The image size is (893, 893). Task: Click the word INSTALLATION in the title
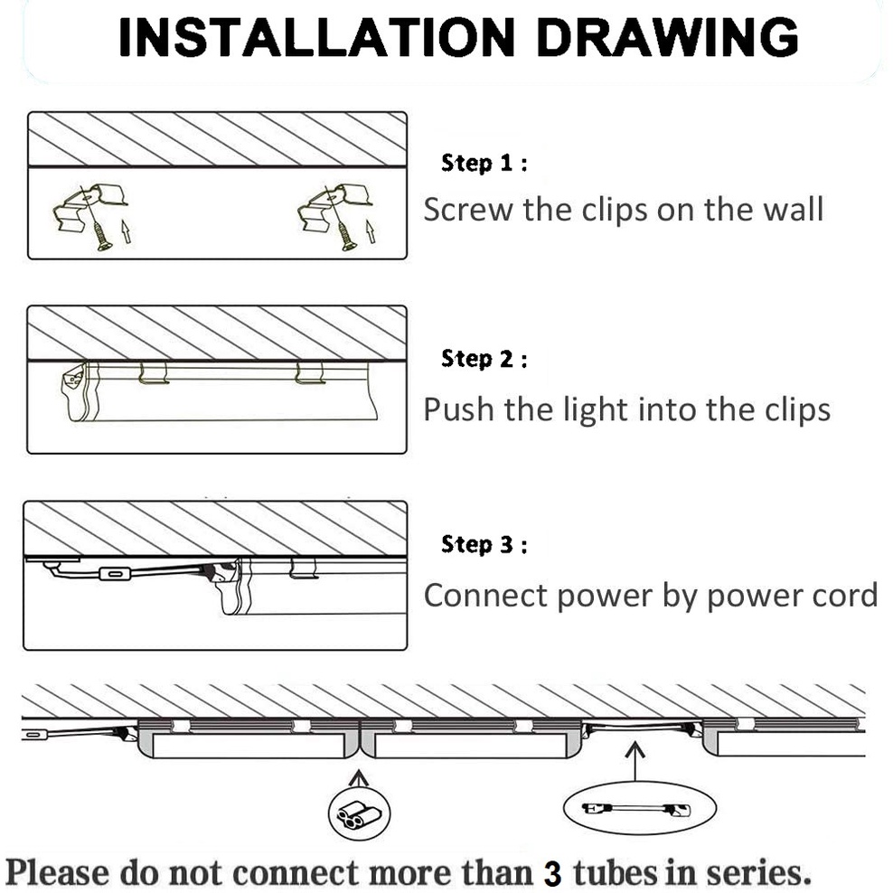tap(316, 37)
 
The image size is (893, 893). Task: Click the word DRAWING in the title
tap(667, 37)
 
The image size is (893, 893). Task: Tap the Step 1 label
tap(484, 164)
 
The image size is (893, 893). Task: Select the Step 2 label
tap(484, 360)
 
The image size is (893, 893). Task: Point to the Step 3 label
tap(484, 545)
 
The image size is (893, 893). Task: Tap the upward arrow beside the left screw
tap(127, 231)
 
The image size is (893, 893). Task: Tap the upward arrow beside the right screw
tap(371, 231)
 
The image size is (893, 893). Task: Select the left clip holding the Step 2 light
tap(154, 373)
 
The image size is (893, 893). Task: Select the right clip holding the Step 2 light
tap(310, 373)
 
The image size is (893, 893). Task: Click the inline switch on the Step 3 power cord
tap(116, 574)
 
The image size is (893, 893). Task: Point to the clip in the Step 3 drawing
tap(304, 569)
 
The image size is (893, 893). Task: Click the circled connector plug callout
tap(360, 813)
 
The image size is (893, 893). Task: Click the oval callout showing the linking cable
tap(640, 808)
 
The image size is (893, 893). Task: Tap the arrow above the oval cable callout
tap(635, 761)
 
